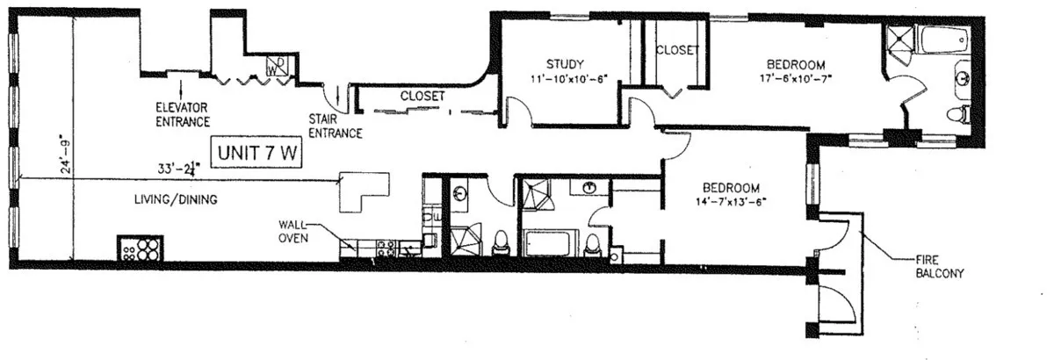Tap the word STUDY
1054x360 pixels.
(x=563, y=63)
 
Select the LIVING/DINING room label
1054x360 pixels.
(x=176, y=200)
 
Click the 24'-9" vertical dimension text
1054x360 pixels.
(x=62, y=155)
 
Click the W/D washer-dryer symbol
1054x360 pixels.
(x=274, y=65)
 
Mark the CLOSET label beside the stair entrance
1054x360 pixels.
(x=422, y=95)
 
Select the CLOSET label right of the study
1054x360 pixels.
(x=677, y=50)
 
